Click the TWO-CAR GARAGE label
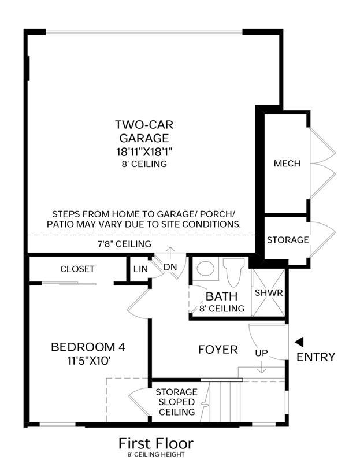144,131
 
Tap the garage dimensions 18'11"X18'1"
144,152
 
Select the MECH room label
287,164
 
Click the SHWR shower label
269,292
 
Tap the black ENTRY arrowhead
299,342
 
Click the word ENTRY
316,357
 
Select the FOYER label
218,349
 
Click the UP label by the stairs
261,353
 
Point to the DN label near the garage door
170,267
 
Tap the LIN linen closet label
140,269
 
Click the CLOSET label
77,269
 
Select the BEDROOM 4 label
88,347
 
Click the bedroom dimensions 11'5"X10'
88,361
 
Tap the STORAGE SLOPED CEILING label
177,402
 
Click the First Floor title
156,443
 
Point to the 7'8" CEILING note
124,244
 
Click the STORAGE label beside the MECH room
288,240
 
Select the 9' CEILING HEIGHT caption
156,454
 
